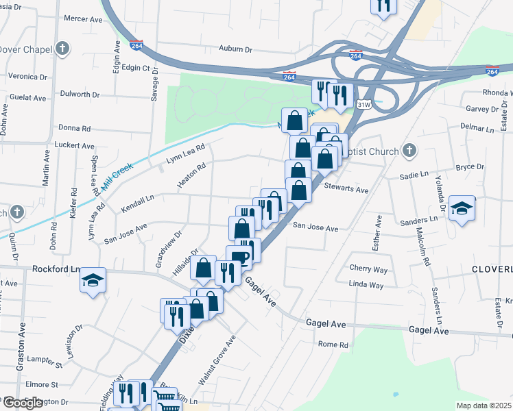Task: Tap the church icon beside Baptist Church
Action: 409,149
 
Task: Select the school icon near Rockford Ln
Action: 93,280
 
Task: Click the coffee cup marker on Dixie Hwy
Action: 239,258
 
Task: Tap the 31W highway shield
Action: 363,103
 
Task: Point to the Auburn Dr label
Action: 236,49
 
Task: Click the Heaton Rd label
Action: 191,177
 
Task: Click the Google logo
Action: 23,403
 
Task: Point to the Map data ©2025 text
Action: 484,406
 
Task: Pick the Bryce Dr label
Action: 470,166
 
